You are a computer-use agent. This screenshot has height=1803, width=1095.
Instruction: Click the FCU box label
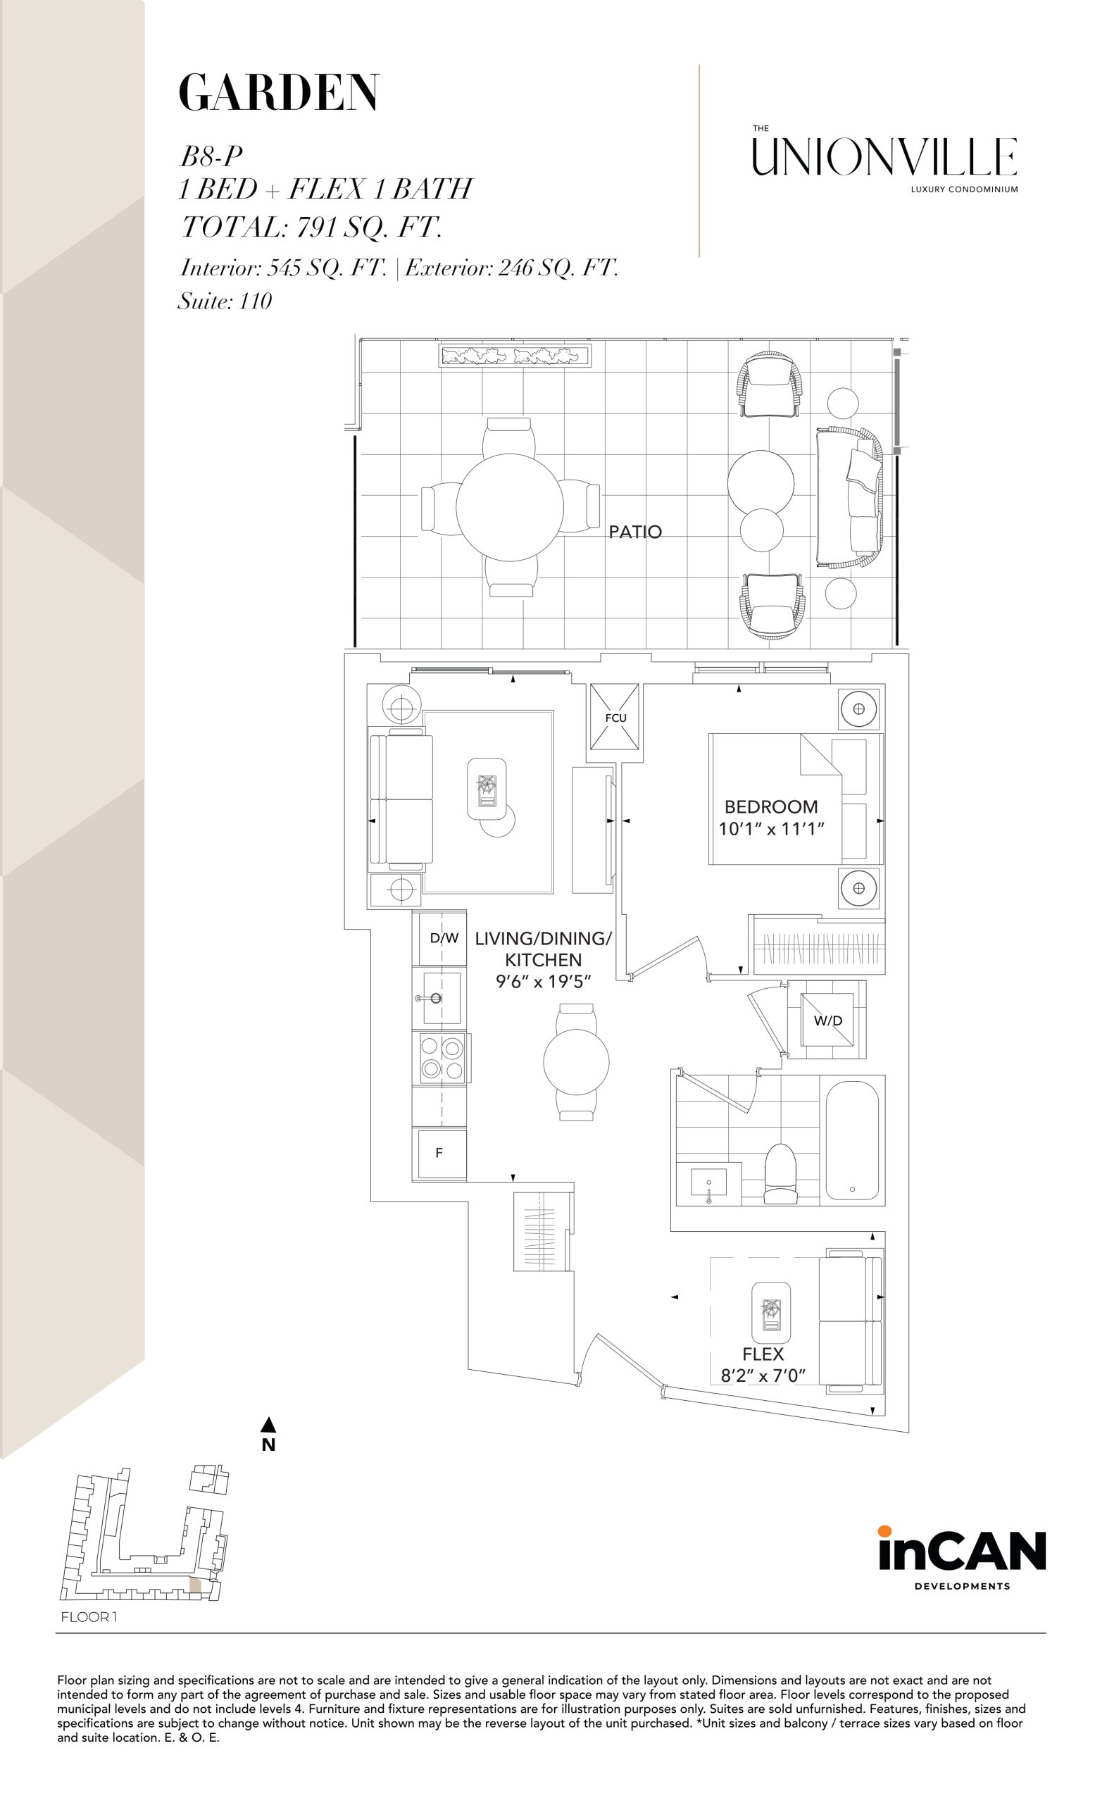(x=615, y=718)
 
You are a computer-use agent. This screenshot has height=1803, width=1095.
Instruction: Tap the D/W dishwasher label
(x=444, y=938)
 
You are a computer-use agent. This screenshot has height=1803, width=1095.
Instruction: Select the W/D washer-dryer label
(x=828, y=1020)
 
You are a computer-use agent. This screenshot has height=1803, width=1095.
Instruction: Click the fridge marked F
(x=439, y=1152)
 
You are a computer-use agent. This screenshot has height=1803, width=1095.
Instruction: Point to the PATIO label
(x=635, y=532)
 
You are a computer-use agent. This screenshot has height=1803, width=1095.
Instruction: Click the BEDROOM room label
(x=771, y=806)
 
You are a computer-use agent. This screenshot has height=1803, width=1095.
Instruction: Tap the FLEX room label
(x=763, y=1354)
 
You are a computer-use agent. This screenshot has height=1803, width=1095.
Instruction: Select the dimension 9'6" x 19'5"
(x=543, y=981)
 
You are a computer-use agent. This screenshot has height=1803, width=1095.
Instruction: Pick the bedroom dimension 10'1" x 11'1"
(x=771, y=828)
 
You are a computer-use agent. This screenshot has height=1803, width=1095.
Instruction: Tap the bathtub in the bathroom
(x=852, y=1140)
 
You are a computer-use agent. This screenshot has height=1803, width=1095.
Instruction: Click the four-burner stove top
(x=441, y=1058)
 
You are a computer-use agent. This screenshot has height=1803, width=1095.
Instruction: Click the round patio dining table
(x=510, y=507)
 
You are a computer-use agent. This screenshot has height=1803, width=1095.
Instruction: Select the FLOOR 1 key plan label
(x=89, y=1617)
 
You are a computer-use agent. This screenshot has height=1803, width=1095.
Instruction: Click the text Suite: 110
(x=225, y=301)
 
